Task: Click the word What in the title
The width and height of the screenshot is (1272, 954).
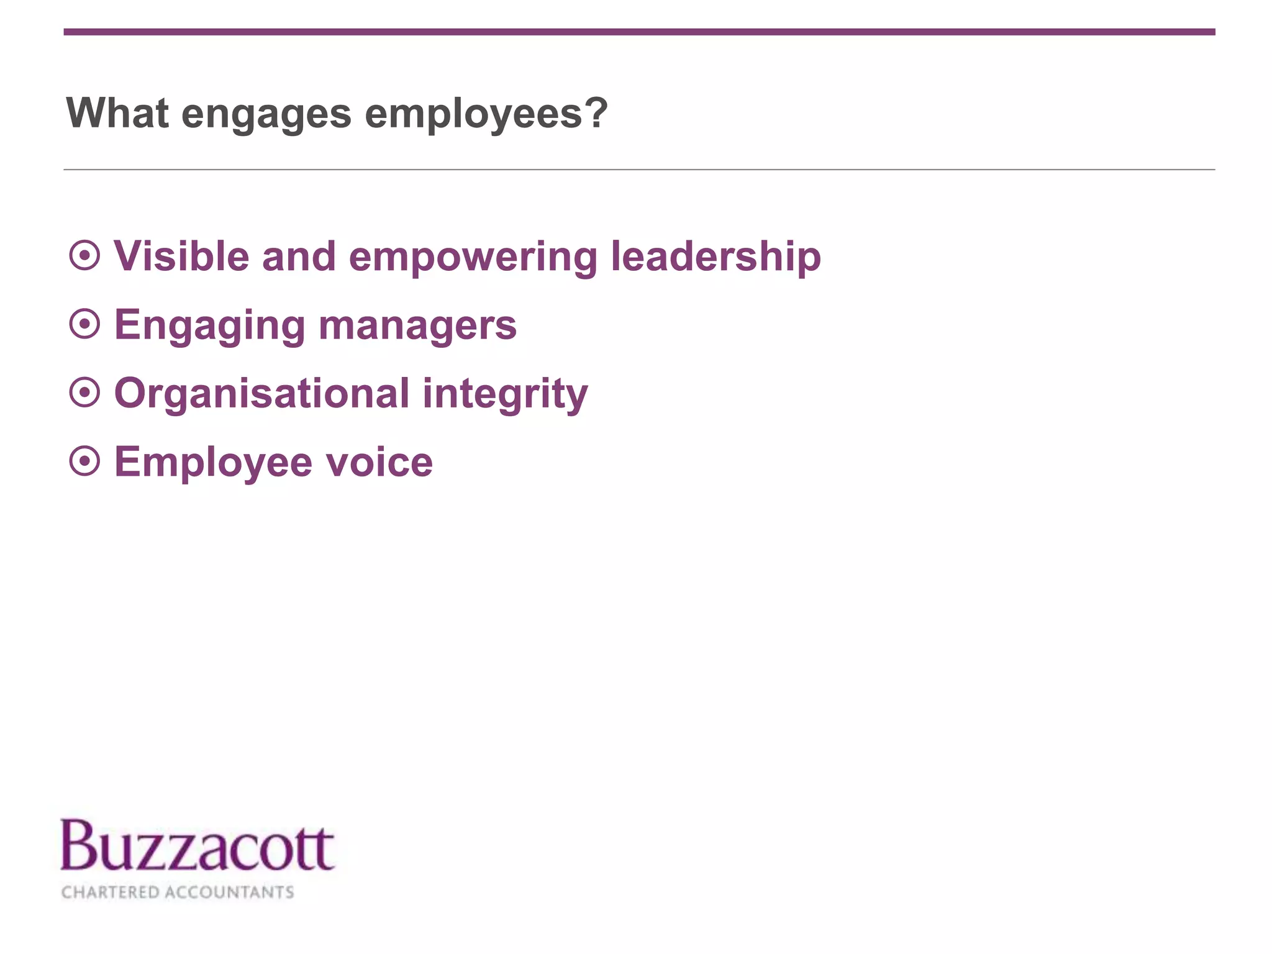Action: point(117,114)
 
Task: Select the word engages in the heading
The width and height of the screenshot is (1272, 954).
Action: point(266,115)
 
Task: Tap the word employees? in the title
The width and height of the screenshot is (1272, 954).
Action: point(486,115)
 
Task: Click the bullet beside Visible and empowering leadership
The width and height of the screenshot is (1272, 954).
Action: point(84,255)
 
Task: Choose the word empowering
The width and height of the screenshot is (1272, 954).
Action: point(473,257)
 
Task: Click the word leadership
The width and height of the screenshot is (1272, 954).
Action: point(715,257)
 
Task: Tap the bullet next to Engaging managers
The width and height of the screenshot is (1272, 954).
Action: point(84,324)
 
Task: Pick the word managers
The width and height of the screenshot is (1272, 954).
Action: point(417,325)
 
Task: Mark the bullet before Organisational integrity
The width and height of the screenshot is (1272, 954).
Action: point(84,393)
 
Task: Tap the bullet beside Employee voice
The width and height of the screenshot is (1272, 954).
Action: point(84,461)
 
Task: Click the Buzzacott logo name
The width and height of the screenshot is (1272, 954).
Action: point(197,845)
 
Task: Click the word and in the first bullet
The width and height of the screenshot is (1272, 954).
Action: point(299,256)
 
